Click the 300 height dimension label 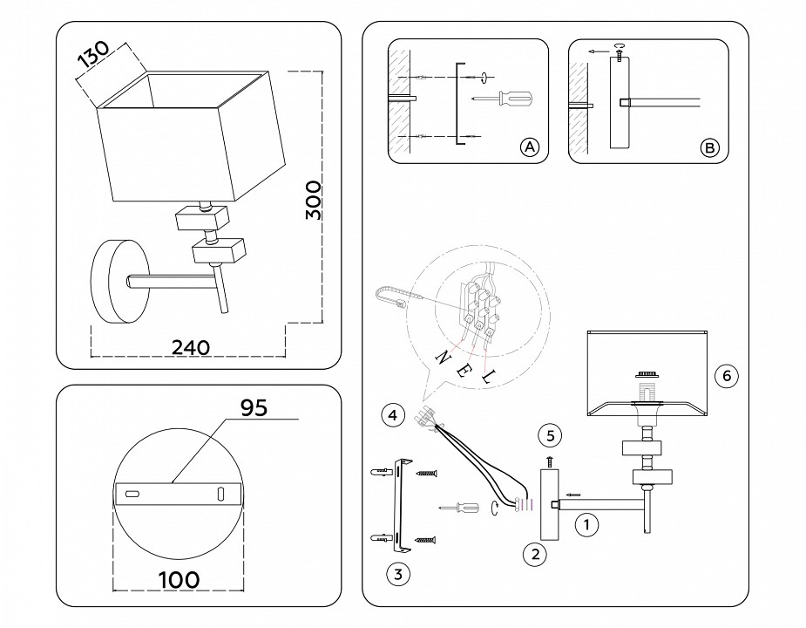coord(314,200)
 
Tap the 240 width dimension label coord(190,346)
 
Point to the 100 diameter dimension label coord(179,579)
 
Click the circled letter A coord(529,147)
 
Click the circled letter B coord(710,147)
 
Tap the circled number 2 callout coord(535,552)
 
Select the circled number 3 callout coord(397,573)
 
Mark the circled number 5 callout coord(547,433)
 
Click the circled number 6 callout coord(725,377)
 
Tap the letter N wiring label coord(442,356)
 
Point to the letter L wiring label coord(487,377)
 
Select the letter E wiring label coord(464,367)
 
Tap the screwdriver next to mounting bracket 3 coord(460,508)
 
